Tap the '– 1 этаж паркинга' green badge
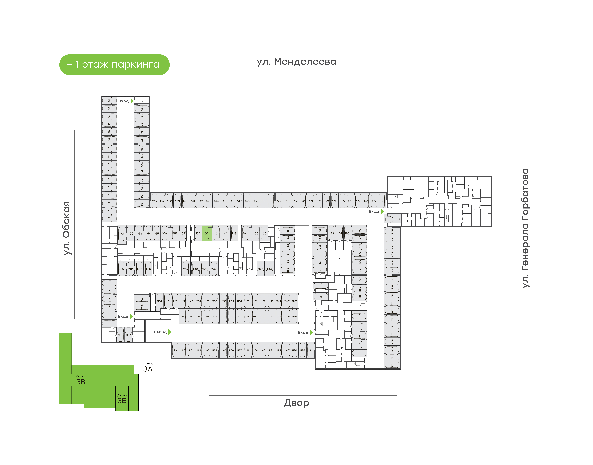114,64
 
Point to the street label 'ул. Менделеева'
296,62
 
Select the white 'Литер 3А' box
148,367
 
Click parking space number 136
154,201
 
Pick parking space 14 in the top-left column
109,100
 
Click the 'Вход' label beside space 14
123,101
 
